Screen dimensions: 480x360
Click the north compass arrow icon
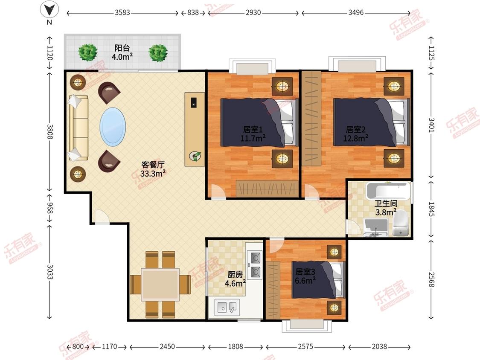click(49, 9)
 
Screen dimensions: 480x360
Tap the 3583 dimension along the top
click(122, 12)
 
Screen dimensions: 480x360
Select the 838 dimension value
click(193, 12)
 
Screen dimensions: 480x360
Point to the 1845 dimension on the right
click(431, 209)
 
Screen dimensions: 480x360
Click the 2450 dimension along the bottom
click(167, 346)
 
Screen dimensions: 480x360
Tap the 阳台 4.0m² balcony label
click(122, 52)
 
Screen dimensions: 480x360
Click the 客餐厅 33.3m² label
click(153, 169)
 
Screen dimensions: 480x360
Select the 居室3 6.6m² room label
click(305, 276)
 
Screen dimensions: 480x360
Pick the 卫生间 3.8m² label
click(386, 208)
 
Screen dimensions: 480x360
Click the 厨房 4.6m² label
click(235, 279)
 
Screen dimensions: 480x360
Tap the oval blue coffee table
click(113, 127)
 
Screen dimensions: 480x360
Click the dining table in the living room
click(160, 285)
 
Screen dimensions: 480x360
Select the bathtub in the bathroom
click(388, 191)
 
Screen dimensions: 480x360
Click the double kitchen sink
click(227, 307)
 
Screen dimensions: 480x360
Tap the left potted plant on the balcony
click(88, 52)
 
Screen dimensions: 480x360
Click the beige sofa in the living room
click(79, 128)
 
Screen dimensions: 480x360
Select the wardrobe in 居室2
click(311, 118)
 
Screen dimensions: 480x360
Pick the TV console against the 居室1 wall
click(195, 129)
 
